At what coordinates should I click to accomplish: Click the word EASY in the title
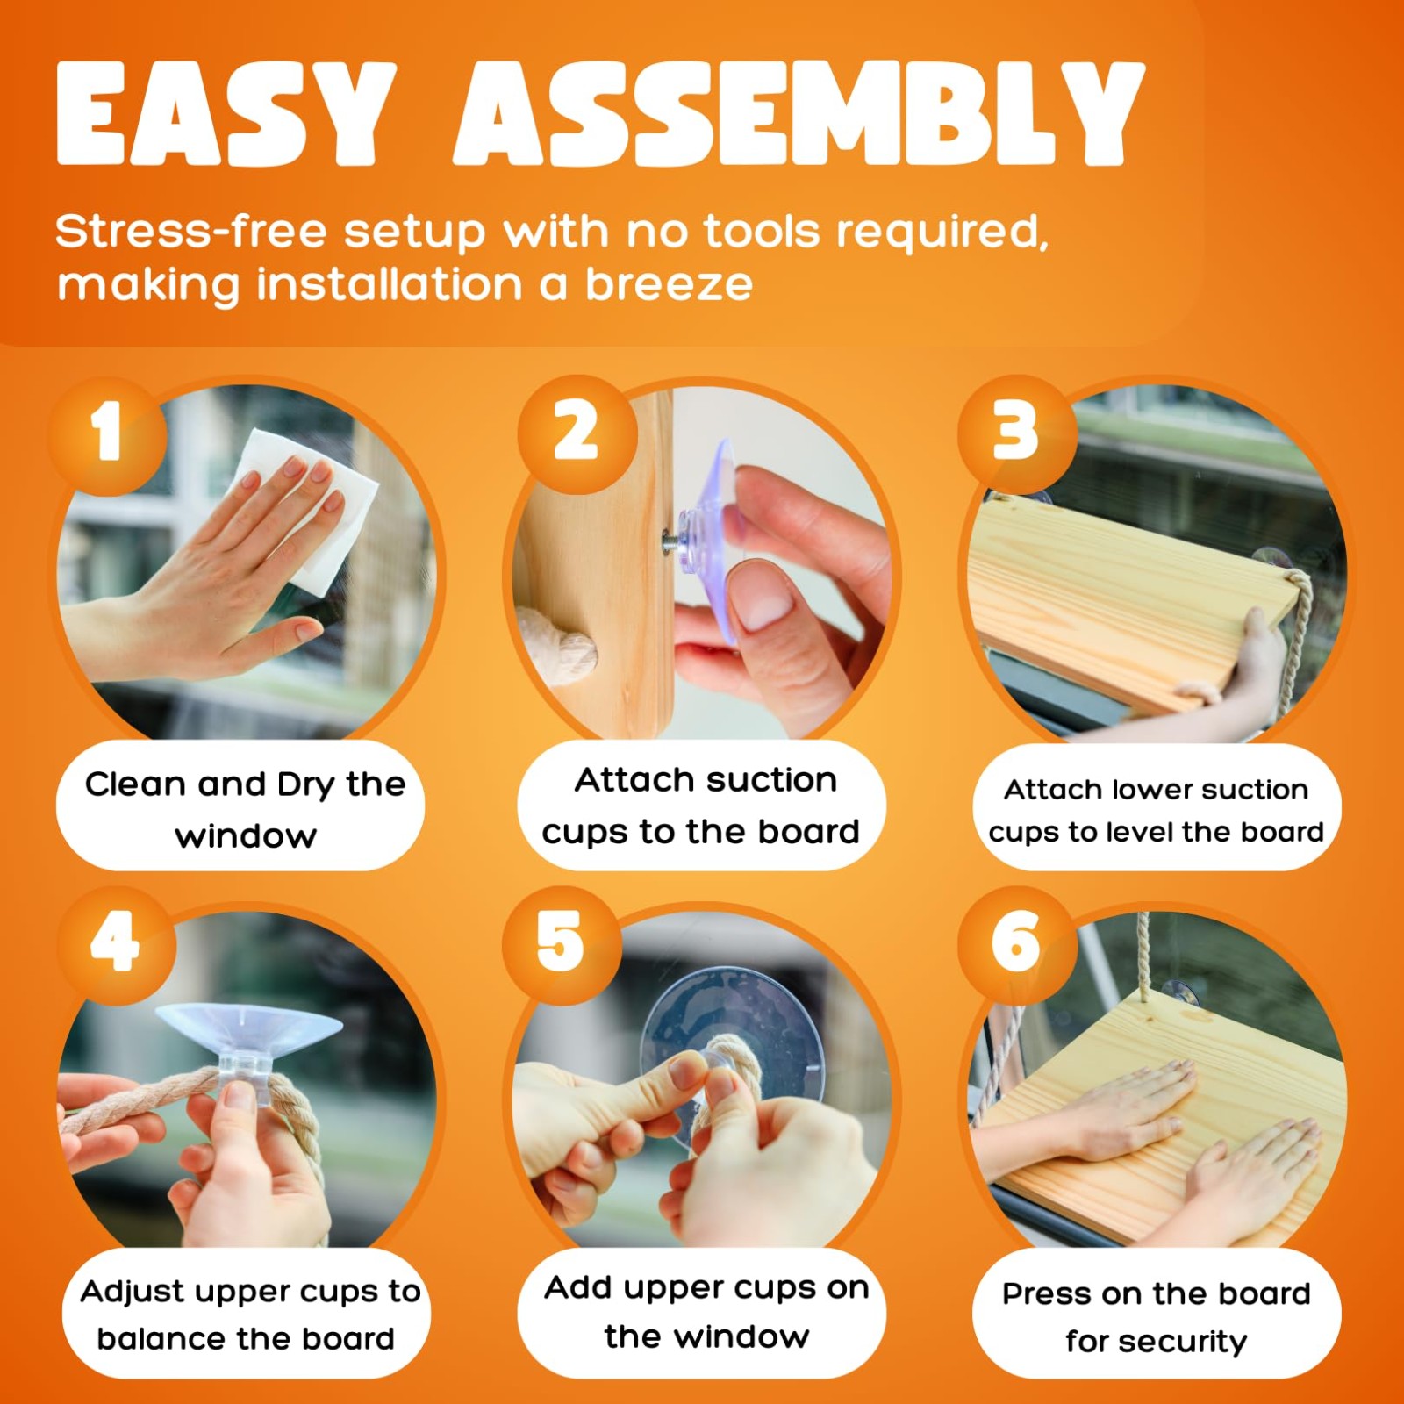pos(227,113)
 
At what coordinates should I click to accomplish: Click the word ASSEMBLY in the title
pos(799,113)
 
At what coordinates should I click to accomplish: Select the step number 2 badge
pos(576,433)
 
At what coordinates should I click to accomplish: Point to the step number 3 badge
pos(1016,433)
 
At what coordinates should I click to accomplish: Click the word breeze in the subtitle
pos(670,285)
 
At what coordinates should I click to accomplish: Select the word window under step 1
pos(246,837)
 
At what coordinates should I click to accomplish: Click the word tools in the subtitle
pos(762,232)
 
